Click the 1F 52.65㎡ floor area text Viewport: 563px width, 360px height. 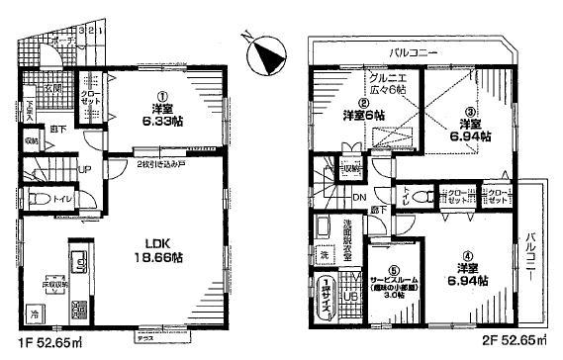click(x=46, y=345)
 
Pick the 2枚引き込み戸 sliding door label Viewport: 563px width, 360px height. click(x=160, y=164)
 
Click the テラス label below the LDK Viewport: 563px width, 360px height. click(x=144, y=338)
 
